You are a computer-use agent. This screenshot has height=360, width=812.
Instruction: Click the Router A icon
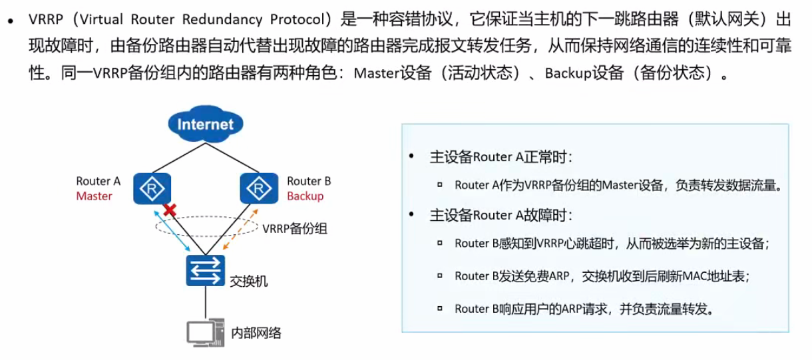[153, 188]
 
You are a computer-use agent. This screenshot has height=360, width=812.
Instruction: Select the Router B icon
[258, 188]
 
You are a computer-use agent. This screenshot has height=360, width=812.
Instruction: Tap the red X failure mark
[170, 210]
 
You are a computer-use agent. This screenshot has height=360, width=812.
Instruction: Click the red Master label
[94, 196]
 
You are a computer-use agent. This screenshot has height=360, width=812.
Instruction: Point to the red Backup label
[305, 196]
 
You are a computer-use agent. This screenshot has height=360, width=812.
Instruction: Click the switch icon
[206, 270]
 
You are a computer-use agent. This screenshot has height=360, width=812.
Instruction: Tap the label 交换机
[248, 281]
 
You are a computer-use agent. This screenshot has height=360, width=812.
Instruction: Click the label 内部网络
[256, 333]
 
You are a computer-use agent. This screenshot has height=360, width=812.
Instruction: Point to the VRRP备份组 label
[295, 228]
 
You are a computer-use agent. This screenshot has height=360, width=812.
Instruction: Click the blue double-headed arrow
[168, 228]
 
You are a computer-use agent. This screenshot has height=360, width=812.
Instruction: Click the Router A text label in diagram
[98, 181]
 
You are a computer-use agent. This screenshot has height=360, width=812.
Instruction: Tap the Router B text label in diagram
[309, 181]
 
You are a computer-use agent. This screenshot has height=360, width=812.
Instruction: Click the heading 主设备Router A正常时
[501, 157]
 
